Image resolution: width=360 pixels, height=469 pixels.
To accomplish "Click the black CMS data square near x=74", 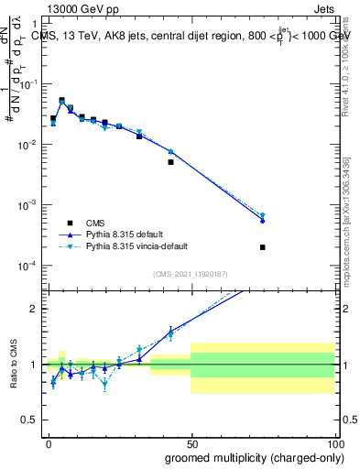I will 262,247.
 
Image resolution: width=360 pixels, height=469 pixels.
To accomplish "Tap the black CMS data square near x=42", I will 170,162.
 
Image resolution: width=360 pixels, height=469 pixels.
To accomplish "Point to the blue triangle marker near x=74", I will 262,221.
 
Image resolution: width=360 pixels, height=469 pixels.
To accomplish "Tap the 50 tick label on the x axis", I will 191,442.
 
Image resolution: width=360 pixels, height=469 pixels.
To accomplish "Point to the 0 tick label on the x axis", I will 48,442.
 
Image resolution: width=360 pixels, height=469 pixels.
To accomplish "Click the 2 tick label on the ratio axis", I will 33,309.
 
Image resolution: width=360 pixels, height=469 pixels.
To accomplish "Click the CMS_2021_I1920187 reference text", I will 191,274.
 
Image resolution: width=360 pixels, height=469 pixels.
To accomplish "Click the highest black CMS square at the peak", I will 61,101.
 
